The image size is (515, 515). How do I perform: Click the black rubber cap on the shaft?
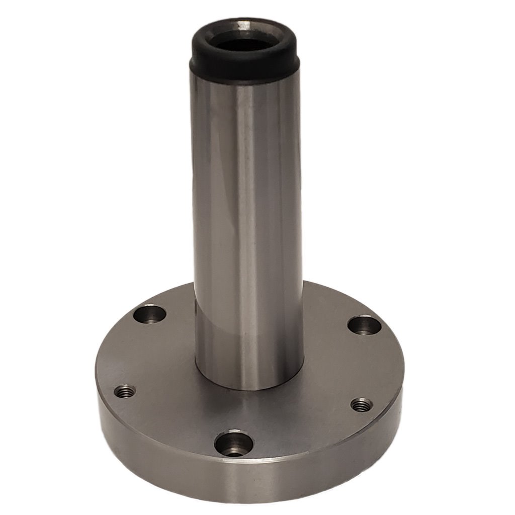[245, 65]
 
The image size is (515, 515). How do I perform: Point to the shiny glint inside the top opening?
[244, 24]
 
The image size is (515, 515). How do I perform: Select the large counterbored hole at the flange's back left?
[150, 315]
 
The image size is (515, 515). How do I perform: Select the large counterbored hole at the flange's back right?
[365, 325]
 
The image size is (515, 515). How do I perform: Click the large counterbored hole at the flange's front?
[233, 444]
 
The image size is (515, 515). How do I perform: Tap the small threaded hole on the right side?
[361, 405]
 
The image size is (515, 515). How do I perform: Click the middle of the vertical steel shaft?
[248, 226]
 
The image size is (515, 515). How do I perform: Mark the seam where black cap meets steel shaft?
[245, 80]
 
